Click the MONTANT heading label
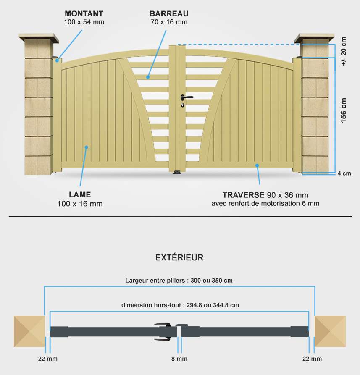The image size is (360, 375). [84, 13]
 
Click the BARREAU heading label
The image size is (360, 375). [169, 13]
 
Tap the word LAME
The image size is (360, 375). [80, 194]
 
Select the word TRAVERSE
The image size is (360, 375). [243, 195]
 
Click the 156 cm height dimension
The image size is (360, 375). [343, 110]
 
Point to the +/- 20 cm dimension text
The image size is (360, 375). [343, 51]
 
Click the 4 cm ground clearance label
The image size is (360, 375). [344, 173]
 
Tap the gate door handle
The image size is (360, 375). [186, 97]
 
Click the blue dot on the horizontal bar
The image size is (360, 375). [148, 77]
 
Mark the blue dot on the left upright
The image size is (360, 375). [57, 60]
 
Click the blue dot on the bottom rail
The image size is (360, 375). [257, 165]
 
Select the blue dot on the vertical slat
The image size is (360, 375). [87, 147]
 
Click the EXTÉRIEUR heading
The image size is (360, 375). [179, 257]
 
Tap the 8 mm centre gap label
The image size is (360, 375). [179, 359]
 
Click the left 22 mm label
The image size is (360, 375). [47, 359]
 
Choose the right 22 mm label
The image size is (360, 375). [312, 359]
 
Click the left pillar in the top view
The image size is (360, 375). [29, 331]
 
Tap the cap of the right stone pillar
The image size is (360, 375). [314, 38]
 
